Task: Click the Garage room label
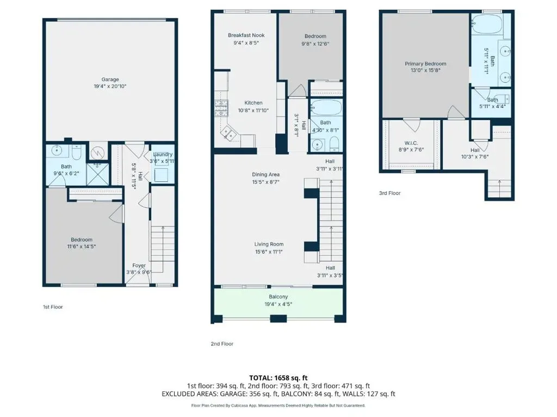[110, 79]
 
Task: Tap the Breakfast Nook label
[246, 35]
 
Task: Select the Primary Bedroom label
[425, 64]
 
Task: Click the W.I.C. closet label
[411, 143]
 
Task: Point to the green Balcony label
[278, 297]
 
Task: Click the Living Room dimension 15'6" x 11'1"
[269, 252]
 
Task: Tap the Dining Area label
[265, 174]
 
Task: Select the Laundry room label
[163, 154]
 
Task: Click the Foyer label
[139, 265]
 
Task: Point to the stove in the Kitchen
[221, 109]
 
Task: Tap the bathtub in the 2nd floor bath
[326, 108]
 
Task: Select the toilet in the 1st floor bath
[77, 151]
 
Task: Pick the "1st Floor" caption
[53, 307]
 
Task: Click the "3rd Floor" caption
[389, 193]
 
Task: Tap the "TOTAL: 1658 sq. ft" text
[278, 378]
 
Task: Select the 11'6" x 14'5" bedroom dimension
[82, 247]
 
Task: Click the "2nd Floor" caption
[222, 344]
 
